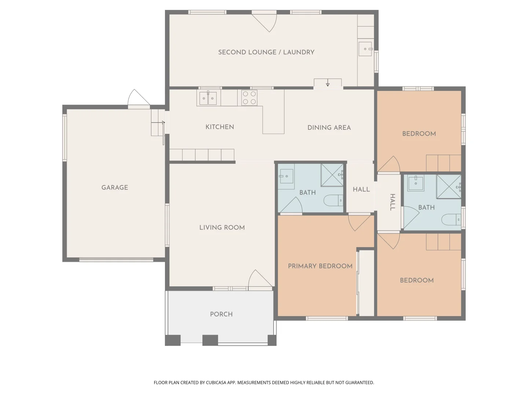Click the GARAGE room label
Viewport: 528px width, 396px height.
coord(115,187)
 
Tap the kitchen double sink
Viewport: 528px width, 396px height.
coord(208,98)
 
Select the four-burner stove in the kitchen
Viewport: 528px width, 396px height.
coord(249,98)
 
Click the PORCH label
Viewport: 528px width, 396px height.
coord(221,314)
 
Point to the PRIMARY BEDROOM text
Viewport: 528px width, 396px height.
coord(320,266)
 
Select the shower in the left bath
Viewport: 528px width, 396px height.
coord(332,175)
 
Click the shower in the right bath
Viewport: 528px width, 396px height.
coord(448,187)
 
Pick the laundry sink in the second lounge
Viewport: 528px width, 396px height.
coord(365,49)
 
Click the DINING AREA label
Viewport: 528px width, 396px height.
coord(329,128)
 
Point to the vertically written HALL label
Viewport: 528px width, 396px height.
coord(392,202)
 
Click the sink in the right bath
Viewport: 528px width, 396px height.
coord(416,183)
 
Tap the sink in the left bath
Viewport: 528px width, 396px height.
coord(286,176)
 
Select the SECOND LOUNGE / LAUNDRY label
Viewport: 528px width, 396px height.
coord(266,52)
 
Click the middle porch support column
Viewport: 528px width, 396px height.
coord(210,340)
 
